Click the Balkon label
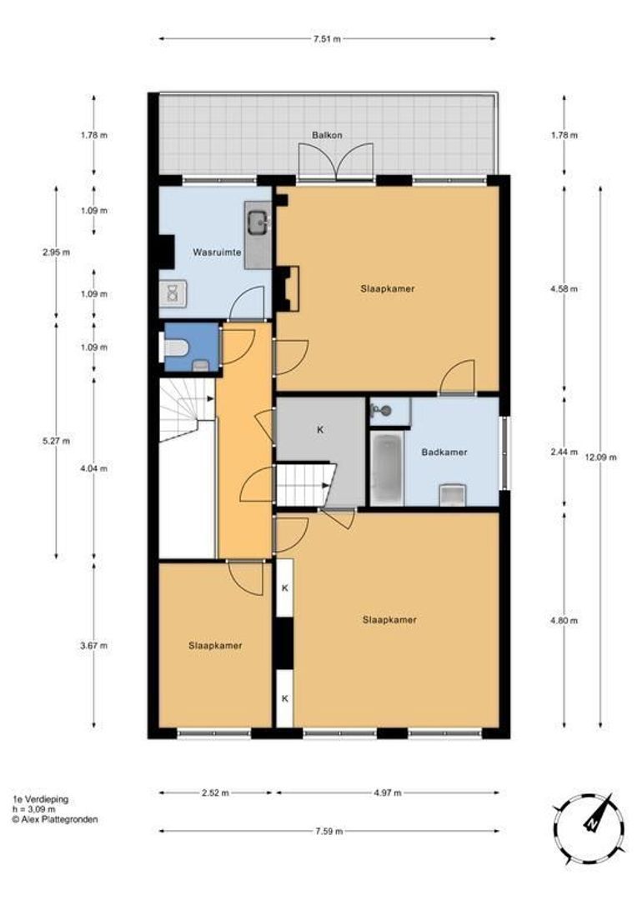(x=327, y=136)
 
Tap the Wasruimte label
(x=217, y=252)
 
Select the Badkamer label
(x=444, y=452)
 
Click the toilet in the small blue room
(x=176, y=347)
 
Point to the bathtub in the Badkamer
(x=387, y=467)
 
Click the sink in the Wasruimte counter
(x=258, y=222)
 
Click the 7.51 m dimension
(x=328, y=39)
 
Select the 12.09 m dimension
(x=600, y=457)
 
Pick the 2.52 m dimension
(x=215, y=792)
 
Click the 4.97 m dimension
(x=387, y=792)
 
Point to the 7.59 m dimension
(x=329, y=831)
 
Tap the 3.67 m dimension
(x=94, y=646)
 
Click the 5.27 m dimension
(x=57, y=441)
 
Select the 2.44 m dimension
(x=564, y=452)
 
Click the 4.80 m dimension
(x=564, y=621)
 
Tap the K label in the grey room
(x=320, y=429)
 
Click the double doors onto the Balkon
(x=336, y=162)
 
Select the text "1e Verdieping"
(x=40, y=799)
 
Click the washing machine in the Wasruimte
(x=173, y=294)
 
